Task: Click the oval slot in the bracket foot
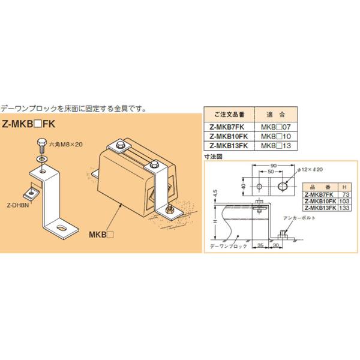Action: pos(61,227)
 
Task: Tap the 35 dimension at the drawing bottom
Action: pos(262,244)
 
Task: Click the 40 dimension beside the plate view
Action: pos(242,187)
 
